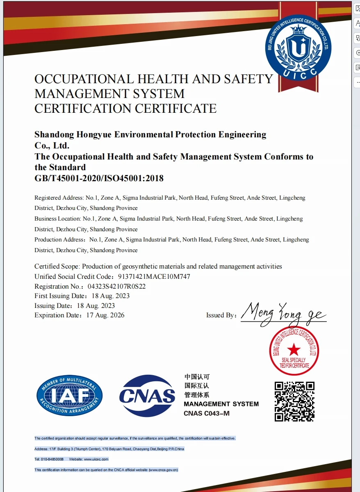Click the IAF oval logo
[69, 396]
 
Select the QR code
[294, 401]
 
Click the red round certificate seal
[294, 351]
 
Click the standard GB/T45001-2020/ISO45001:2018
[99, 178]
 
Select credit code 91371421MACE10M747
[154, 277]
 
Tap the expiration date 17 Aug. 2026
[105, 315]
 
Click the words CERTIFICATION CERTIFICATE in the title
[125, 109]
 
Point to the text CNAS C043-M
[207, 413]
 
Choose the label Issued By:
[221, 315]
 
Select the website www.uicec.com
[96, 459]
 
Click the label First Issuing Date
[60, 296]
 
